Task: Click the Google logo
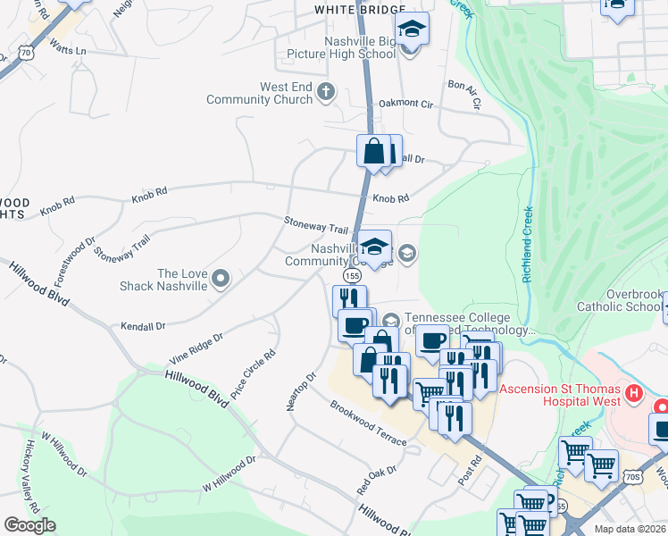(29, 525)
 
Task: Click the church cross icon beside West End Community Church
(326, 90)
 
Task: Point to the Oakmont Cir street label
(405, 104)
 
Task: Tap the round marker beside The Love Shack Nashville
(221, 280)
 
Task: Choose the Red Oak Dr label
(376, 480)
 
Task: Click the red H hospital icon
(634, 392)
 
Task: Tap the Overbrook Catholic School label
(620, 300)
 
